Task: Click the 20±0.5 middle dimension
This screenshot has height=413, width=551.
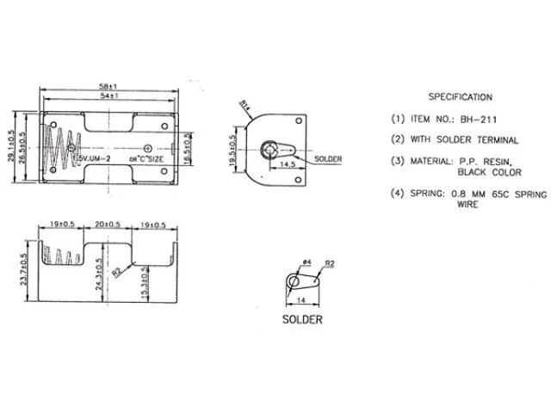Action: point(108,224)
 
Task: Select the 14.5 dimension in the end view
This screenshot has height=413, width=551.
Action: point(288,163)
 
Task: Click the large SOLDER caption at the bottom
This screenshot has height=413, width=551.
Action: point(302,320)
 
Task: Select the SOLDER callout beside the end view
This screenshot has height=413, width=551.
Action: point(328,160)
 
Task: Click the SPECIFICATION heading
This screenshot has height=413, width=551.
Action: point(460,97)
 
